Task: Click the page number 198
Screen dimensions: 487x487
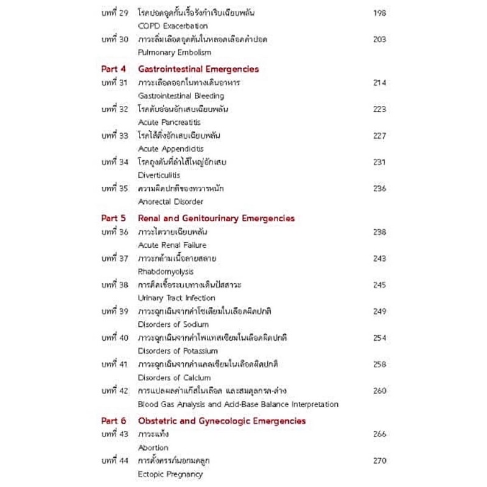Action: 379,13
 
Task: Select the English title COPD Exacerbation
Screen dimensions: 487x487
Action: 173,26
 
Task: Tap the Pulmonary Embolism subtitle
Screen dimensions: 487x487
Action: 175,53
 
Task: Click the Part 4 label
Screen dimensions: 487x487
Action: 113,69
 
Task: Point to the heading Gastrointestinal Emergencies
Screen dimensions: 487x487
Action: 198,69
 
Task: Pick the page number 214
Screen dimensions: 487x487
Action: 379,83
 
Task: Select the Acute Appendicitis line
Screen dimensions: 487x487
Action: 171,149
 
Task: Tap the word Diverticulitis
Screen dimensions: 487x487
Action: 159,175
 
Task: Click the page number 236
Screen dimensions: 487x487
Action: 379,189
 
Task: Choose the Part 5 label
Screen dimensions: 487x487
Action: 113,218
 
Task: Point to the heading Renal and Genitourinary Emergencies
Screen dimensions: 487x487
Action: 216,218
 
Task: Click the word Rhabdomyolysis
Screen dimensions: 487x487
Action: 166,272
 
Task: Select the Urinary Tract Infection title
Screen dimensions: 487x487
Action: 177,298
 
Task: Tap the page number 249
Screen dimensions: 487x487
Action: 379,311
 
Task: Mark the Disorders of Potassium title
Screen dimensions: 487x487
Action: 178,351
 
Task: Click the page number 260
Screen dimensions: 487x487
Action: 379,391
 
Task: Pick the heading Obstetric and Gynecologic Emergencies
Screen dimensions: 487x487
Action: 222,421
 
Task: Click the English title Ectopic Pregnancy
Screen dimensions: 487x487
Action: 170,474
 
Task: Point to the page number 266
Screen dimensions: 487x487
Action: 379,434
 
